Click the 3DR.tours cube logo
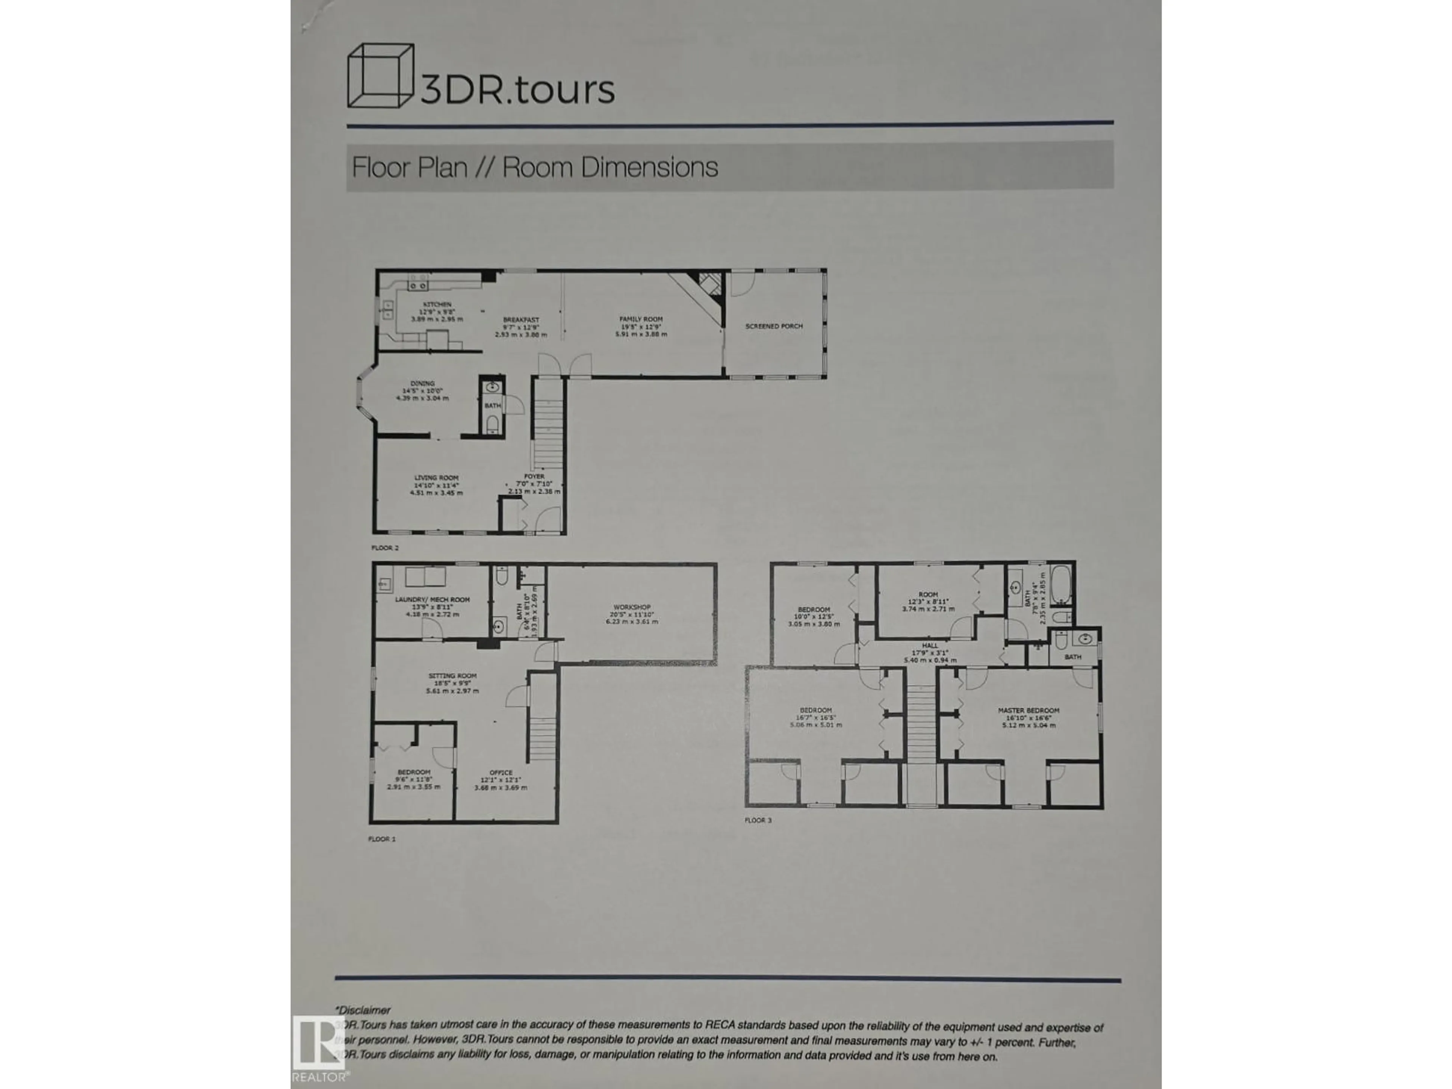pyautogui.click(x=381, y=76)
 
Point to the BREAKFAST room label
pyautogui.click(x=521, y=320)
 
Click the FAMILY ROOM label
pyautogui.click(x=641, y=319)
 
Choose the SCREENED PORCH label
pyautogui.click(x=774, y=326)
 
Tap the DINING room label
pyautogui.click(x=423, y=383)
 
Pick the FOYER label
pyautogui.click(x=534, y=476)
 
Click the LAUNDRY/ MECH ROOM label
pyautogui.click(x=432, y=599)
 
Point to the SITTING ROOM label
pyautogui.click(x=452, y=675)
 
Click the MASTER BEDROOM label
pyautogui.click(x=1028, y=710)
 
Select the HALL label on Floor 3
pyautogui.click(x=929, y=645)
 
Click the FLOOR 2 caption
pyautogui.click(x=385, y=548)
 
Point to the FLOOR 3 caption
pyautogui.click(x=758, y=820)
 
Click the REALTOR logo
pyautogui.click(x=319, y=1048)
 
